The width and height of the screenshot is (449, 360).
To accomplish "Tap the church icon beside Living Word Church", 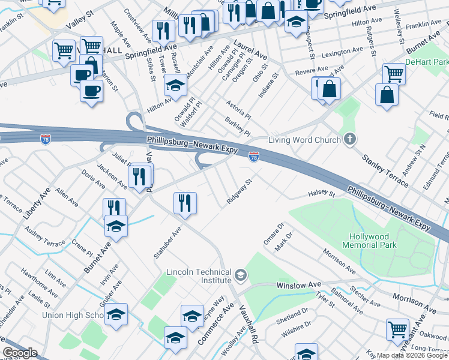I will pyautogui.click(x=350, y=140).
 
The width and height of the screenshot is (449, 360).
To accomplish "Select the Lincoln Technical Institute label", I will pyautogui.click(x=199, y=276).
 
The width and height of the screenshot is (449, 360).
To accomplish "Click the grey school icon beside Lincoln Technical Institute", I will pyautogui.click(x=241, y=276).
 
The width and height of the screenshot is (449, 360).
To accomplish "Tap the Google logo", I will pyautogui.click(x=20, y=353).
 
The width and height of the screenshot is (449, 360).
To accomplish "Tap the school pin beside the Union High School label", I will pyautogui.click(x=116, y=314).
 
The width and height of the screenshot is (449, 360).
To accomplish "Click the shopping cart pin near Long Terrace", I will pyautogui.click(x=397, y=329).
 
